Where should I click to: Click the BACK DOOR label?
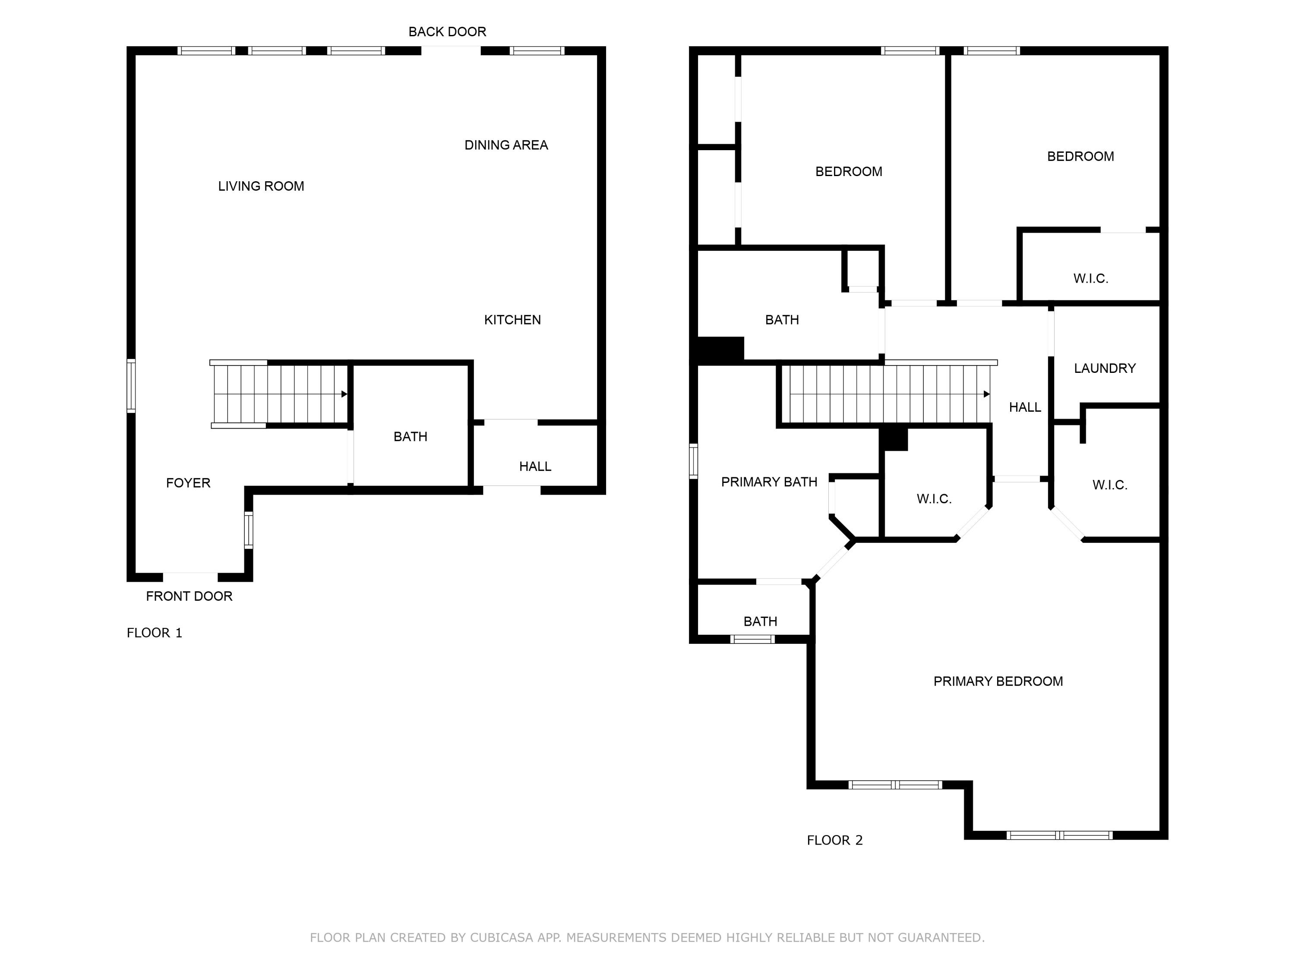pyautogui.click(x=447, y=32)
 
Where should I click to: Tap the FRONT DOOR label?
pyautogui.click(x=189, y=596)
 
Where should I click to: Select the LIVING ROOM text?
pyautogui.click(x=261, y=186)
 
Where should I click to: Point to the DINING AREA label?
pyautogui.click(x=506, y=145)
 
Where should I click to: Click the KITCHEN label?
pyautogui.click(x=512, y=320)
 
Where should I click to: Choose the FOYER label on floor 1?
pyautogui.click(x=188, y=483)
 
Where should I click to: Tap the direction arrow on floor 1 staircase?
pyautogui.click(x=344, y=394)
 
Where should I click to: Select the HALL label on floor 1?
pyautogui.click(x=534, y=467)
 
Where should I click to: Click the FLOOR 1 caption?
pyautogui.click(x=155, y=633)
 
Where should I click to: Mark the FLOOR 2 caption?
pyautogui.click(x=834, y=841)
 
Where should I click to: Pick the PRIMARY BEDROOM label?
pyautogui.click(x=998, y=681)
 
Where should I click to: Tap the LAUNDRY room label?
pyautogui.click(x=1104, y=368)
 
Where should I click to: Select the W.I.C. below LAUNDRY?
pyautogui.click(x=1109, y=485)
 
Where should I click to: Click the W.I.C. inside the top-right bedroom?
pyautogui.click(x=1090, y=279)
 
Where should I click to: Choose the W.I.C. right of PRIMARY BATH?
pyautogui.click(x=934, y=499)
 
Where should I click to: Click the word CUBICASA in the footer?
pyautogui.click(x=501, y=938)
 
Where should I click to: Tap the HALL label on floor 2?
pyautogui.click(x=1024, y=407)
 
